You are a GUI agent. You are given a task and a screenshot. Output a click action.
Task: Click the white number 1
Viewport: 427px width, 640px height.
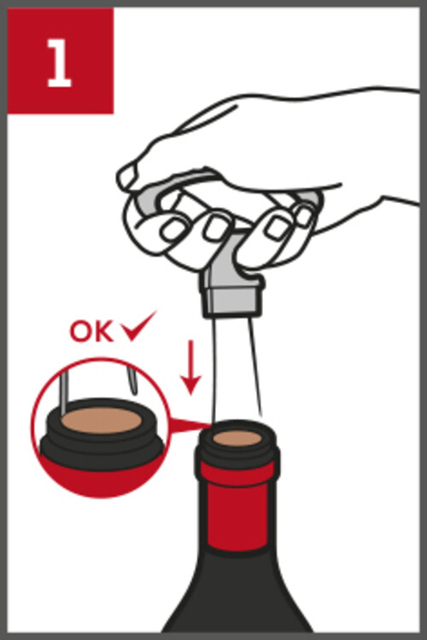coord(60,63)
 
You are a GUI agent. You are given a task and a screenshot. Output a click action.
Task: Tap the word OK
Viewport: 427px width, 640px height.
coord(91,331)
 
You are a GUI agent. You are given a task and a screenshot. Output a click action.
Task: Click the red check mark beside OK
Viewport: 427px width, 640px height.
coord(138,326)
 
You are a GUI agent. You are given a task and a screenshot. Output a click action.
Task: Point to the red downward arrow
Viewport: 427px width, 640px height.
coord(190,367)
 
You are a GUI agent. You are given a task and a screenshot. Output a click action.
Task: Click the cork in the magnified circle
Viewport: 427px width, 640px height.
coord(102,421)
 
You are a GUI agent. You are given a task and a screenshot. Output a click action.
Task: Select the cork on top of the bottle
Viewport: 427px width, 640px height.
coord(237,439)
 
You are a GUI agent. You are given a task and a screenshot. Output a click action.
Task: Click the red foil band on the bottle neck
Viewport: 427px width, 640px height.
coord(237,505)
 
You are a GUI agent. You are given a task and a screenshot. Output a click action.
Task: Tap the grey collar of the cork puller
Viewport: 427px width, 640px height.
coord(231,299)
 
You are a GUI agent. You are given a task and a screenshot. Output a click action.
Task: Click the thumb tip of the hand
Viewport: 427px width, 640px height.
coord(127,177)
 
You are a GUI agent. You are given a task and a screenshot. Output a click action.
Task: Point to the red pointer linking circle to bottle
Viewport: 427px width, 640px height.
coord(190,426)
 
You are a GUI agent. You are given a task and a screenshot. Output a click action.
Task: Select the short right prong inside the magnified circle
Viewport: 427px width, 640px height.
coord(132,381)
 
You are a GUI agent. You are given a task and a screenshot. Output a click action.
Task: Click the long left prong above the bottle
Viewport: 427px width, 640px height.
coord(213,369)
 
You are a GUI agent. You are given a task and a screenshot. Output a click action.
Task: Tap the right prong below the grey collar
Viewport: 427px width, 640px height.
coord(255,365)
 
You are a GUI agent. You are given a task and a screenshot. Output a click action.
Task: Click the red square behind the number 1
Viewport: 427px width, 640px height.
coord(61,61)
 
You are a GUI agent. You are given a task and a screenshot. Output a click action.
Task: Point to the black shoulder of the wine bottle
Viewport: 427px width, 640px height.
coord(237,592)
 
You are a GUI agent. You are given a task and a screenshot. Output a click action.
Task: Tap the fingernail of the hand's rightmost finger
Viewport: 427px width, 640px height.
coord(304,217)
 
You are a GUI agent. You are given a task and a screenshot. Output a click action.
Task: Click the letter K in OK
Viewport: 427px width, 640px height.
coord(103,332)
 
